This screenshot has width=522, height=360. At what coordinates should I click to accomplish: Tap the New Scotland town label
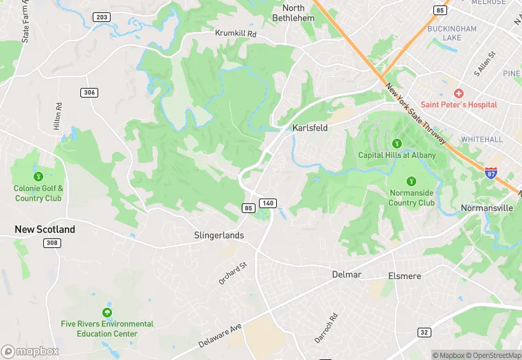[45, 229]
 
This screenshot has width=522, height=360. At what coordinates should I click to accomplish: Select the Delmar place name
[346, 274]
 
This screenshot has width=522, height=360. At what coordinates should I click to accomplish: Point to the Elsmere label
[405, 275]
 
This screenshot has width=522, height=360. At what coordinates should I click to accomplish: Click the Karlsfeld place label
[310, 128]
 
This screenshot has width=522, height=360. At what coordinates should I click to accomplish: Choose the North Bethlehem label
[293, 12]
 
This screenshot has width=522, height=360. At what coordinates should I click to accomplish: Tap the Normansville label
[486, 207]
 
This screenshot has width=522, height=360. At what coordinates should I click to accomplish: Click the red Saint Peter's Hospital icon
[458, 93]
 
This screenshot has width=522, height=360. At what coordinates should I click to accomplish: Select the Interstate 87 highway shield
[491, 174]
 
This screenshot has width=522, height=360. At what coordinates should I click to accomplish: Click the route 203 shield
[101, 16]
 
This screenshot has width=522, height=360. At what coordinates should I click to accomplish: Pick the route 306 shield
[89, 92]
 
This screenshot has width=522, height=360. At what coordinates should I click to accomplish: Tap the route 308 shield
[52, 243]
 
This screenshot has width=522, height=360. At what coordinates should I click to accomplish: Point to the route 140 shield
[269, 203]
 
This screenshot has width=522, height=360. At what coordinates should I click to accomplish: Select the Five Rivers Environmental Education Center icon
[107, 313]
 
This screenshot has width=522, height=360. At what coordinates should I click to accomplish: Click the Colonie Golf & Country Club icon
[38, 177]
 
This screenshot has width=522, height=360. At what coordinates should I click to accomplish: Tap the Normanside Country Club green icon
[411, 181]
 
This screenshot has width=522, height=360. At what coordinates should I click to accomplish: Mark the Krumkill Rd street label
[236, 33]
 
